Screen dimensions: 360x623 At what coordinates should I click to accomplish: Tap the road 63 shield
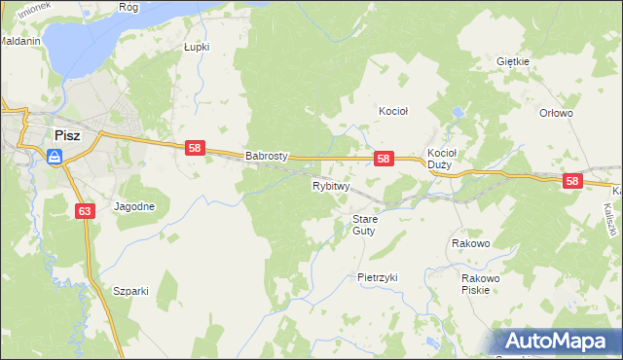click(84, 210)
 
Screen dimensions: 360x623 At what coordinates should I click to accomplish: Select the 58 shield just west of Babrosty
click(196, 147)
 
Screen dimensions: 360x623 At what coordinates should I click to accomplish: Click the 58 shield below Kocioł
click(384, 159)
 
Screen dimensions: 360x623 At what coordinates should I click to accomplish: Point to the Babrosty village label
click(267, 156)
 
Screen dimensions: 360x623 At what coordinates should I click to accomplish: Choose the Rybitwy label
click(331, 185)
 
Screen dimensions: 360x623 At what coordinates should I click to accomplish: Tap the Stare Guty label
click(364, 225)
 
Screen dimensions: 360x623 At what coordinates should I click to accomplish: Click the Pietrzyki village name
click(378, 277)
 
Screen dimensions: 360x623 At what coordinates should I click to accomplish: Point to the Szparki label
click(130, 291)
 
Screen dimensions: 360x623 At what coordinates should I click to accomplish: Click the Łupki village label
click(198, 46)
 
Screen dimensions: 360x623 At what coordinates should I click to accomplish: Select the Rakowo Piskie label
click(481, 284)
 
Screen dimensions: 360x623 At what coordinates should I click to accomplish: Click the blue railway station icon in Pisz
click(55, 155)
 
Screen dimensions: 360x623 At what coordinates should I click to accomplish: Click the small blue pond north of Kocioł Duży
click(457, 113)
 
